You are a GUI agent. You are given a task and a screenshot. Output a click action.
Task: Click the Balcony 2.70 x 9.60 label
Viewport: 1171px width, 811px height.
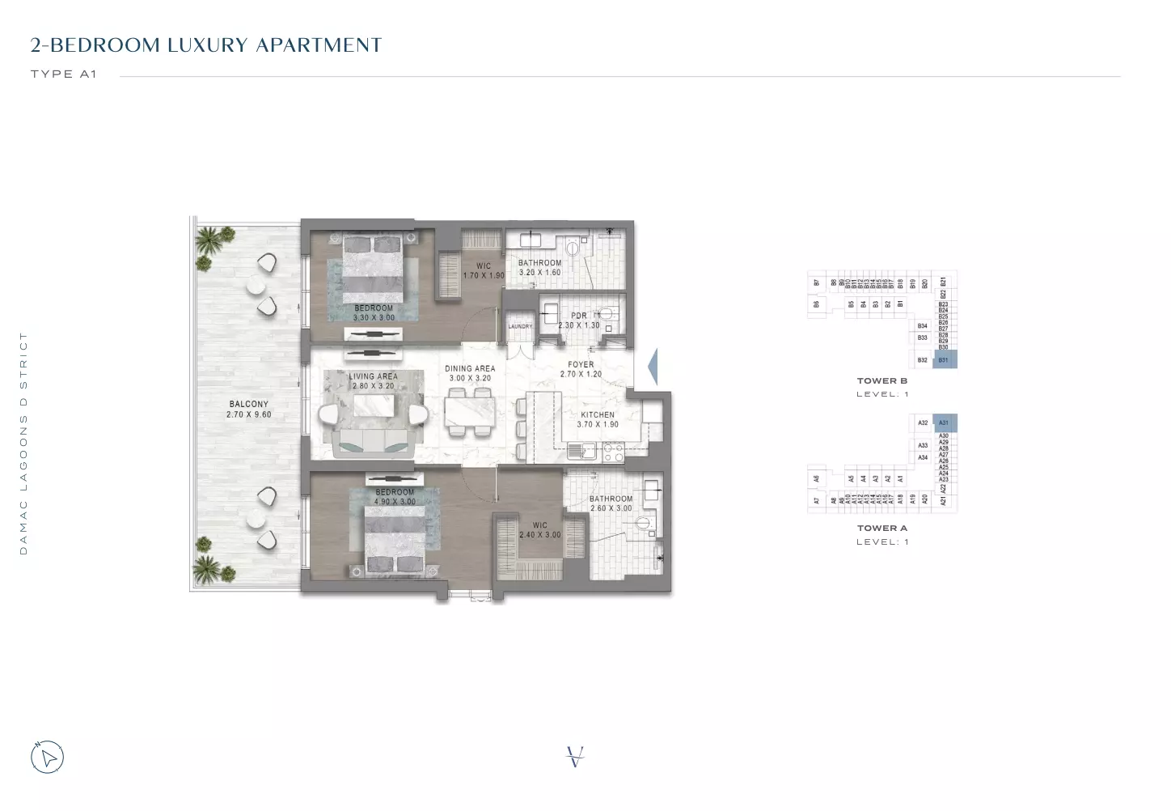coord(248,409)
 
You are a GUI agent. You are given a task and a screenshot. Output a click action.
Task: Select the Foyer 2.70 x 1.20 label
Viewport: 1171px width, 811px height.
coord(581,369)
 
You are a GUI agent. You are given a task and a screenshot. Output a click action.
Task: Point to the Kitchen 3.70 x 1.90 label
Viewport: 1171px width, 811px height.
coord(598,419)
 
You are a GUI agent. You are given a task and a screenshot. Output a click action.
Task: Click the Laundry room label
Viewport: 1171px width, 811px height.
coord(520,326)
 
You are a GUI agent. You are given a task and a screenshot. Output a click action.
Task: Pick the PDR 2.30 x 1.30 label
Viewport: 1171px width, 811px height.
coord(579,321)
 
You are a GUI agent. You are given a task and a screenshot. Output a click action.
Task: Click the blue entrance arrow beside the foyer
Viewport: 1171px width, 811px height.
coord(653,367)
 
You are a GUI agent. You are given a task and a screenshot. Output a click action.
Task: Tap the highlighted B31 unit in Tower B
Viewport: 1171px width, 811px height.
coord(944,359)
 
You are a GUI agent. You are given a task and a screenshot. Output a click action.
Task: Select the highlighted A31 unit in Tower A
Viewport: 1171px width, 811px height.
coord(944,422)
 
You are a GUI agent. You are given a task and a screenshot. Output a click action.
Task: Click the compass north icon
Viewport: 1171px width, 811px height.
coord(48,758)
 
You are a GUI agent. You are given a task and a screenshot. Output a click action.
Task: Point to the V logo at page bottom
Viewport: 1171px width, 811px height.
coord(575,758)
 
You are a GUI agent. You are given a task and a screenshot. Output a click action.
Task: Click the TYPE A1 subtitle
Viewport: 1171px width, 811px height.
coord(64,74)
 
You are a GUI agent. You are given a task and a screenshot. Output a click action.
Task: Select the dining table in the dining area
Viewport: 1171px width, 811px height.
coord(469,410)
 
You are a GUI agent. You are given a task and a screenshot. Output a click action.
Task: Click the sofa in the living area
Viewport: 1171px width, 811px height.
coord(373,441)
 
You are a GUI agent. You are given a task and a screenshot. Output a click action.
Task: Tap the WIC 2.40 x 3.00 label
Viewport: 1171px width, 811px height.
coord(539,530)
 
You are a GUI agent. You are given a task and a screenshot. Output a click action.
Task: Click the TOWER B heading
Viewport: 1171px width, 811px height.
coord(881,380)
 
